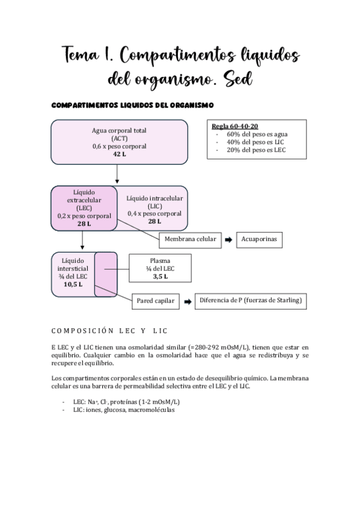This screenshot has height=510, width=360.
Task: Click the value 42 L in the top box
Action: click(x=119, y=155)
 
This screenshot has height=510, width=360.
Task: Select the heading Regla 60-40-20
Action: click(x=235, y=126)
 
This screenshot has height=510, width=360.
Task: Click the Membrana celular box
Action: click(x=189, y=240)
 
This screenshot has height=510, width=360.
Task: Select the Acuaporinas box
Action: click(x=258, y=240)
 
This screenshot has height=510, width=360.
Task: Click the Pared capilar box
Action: click(x=156, y=301)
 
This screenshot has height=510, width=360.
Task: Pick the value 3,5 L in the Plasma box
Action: click(x=159, y=277)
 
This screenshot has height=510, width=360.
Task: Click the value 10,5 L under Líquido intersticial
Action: click(x=73, y=284)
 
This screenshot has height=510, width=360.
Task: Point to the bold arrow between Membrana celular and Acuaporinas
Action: click(x=228, y=240)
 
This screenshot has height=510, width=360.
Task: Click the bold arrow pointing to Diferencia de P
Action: click(x=187, y=301)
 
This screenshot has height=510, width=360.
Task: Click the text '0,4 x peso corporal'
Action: click(x=154, y=214)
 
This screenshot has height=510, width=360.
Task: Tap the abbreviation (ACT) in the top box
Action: click(x=119, y=138)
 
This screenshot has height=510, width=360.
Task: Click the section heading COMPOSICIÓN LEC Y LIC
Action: click(x=109, y=330)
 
